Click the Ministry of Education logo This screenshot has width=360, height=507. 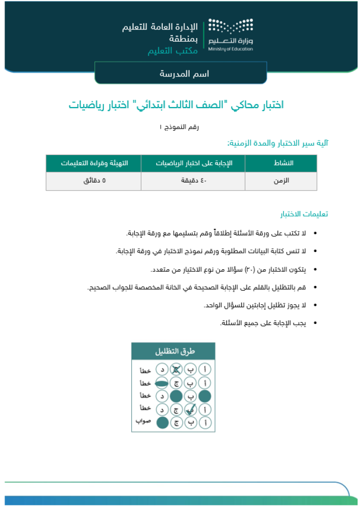231,35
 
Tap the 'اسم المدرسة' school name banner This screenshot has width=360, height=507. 181,74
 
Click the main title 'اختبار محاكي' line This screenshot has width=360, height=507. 176,105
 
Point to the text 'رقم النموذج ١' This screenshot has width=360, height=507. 179,127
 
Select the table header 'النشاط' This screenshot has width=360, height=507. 280,163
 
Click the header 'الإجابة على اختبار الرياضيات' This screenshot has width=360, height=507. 193,163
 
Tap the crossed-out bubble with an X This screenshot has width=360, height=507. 176,370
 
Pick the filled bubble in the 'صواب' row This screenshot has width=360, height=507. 162,422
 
